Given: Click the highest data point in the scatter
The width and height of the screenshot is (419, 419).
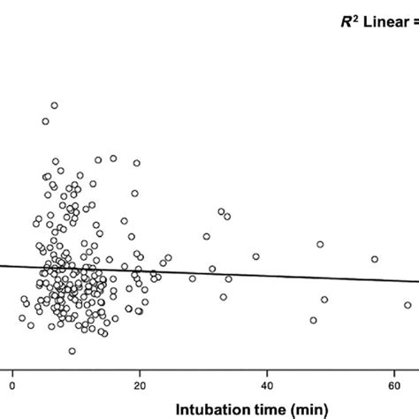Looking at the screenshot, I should [54, 105].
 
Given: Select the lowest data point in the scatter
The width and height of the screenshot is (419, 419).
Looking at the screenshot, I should [72, 351].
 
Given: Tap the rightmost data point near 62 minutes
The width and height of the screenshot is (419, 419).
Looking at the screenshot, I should [408, 305].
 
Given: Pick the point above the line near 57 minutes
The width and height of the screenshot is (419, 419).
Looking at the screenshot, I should [375, 259].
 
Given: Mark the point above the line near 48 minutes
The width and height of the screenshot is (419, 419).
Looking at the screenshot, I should [321, 244].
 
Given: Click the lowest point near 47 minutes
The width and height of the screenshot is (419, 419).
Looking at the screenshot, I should [313, 320].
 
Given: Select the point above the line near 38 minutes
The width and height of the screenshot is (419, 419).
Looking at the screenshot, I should [255, 256].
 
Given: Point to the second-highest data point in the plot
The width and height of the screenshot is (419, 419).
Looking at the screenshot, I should [45, 121].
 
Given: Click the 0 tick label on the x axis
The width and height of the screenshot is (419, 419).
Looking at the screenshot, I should [13, 385].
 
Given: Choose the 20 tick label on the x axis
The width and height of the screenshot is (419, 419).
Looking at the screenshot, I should [141, 385].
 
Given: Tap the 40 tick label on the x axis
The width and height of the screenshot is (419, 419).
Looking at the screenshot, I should [267, 385].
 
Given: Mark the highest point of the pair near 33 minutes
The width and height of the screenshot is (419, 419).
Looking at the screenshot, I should [222, 211].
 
